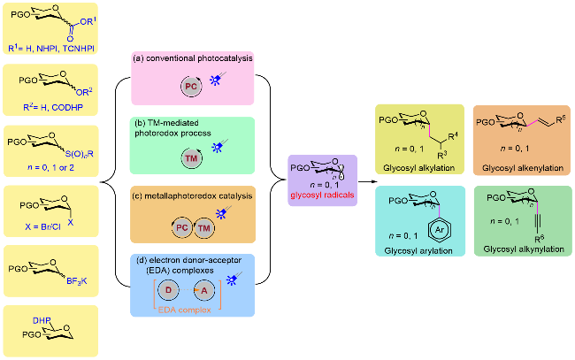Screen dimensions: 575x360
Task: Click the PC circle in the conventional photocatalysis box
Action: (191, 87)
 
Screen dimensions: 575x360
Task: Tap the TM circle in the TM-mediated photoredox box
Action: (191, 158)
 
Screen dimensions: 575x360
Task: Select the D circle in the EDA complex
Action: (168, 290)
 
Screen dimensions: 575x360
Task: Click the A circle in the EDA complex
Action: (203, 290)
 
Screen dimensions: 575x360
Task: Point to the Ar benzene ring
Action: (440, 230)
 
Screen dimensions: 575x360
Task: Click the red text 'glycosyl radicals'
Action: (322, 195)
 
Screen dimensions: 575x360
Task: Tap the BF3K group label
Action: (77, 281)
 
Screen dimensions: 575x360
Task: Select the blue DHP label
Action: (42, 320)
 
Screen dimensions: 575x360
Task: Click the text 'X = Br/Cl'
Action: (42, 227)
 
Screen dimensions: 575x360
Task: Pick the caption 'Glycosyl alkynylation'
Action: (524, 249)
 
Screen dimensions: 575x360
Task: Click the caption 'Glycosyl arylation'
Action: (418, 250)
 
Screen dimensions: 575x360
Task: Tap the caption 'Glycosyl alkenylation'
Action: (523, 168)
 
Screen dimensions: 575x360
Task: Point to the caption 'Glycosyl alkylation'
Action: (418, 168)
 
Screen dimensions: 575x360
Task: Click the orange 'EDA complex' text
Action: (185, 310)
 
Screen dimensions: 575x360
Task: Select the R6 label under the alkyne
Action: (539, 239)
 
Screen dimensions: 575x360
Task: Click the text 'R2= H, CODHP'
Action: (53, 107)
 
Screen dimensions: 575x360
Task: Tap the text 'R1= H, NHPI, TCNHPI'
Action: (51, 48)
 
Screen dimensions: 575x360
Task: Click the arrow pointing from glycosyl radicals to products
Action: (368, 181)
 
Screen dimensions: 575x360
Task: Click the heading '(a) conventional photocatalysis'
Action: (193, 58)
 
